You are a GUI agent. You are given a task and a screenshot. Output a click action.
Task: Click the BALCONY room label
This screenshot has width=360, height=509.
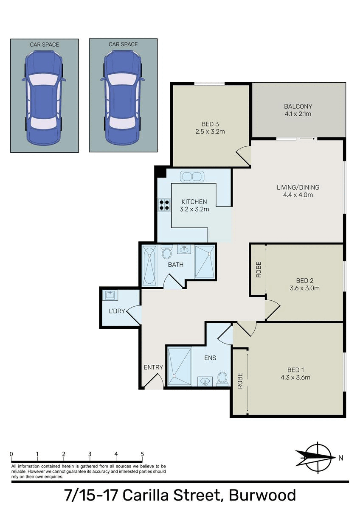298,106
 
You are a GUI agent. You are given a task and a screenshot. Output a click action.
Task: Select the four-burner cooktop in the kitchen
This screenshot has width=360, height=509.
164,205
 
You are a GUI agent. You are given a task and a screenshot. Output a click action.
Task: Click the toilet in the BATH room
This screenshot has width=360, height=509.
167,252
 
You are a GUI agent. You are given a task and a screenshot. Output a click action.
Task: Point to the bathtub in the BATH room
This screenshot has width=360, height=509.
149,266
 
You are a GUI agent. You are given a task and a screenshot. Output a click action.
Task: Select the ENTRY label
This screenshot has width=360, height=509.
153,367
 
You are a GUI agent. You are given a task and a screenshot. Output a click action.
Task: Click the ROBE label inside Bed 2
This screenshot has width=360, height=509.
259,270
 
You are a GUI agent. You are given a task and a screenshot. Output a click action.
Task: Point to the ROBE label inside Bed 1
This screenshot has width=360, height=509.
240,381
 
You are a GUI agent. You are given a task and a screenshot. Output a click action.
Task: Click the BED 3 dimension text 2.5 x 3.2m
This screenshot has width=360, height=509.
210,131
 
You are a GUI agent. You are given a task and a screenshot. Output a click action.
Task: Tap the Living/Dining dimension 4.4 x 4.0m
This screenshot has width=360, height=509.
298,195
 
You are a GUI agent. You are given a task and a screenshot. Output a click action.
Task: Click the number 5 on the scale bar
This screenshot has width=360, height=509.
142,454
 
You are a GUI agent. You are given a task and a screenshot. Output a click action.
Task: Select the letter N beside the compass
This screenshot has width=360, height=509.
340,458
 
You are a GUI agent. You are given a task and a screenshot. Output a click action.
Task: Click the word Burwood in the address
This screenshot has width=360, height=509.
262,495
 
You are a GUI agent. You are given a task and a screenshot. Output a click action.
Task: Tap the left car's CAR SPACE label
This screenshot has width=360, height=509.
44,45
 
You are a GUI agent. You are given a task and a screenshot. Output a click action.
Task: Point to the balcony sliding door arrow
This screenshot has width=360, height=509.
307,138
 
